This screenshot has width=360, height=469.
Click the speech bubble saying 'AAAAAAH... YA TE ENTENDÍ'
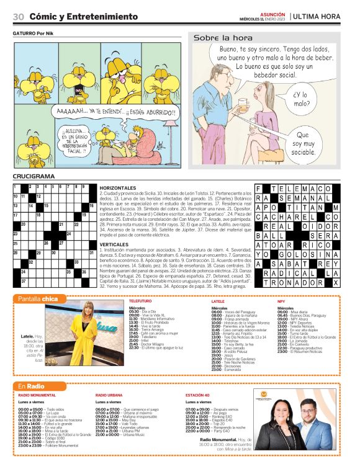[112, 112]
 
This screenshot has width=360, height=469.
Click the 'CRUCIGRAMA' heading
[34, 177]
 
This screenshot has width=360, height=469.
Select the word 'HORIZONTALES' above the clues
[117, 187]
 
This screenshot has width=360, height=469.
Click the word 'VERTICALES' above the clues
[114, 244]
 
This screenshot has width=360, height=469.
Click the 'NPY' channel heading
[281, 301]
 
